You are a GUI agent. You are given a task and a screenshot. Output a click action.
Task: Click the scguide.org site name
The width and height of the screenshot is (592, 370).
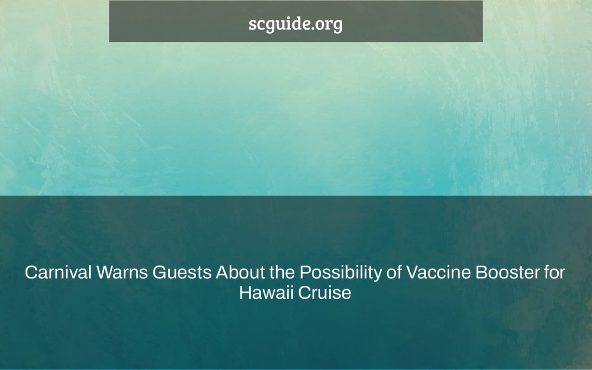tap(296, 24)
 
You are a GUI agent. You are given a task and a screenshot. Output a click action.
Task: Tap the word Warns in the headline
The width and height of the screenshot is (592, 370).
tap(122, 273)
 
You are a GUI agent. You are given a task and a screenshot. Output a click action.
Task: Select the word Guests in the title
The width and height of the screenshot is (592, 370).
tap(182, 273)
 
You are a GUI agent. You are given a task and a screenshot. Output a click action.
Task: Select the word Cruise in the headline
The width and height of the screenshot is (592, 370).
tap(324, 292)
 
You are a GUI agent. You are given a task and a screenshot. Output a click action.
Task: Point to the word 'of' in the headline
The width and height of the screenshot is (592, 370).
tap(394, 273)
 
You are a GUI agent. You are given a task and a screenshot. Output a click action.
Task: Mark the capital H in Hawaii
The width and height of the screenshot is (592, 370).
tap(245, 292)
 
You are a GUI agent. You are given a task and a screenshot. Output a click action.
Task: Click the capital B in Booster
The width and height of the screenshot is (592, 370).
tap(481, 273)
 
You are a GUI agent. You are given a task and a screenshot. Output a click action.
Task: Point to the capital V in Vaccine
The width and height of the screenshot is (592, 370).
tap(412, 273)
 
